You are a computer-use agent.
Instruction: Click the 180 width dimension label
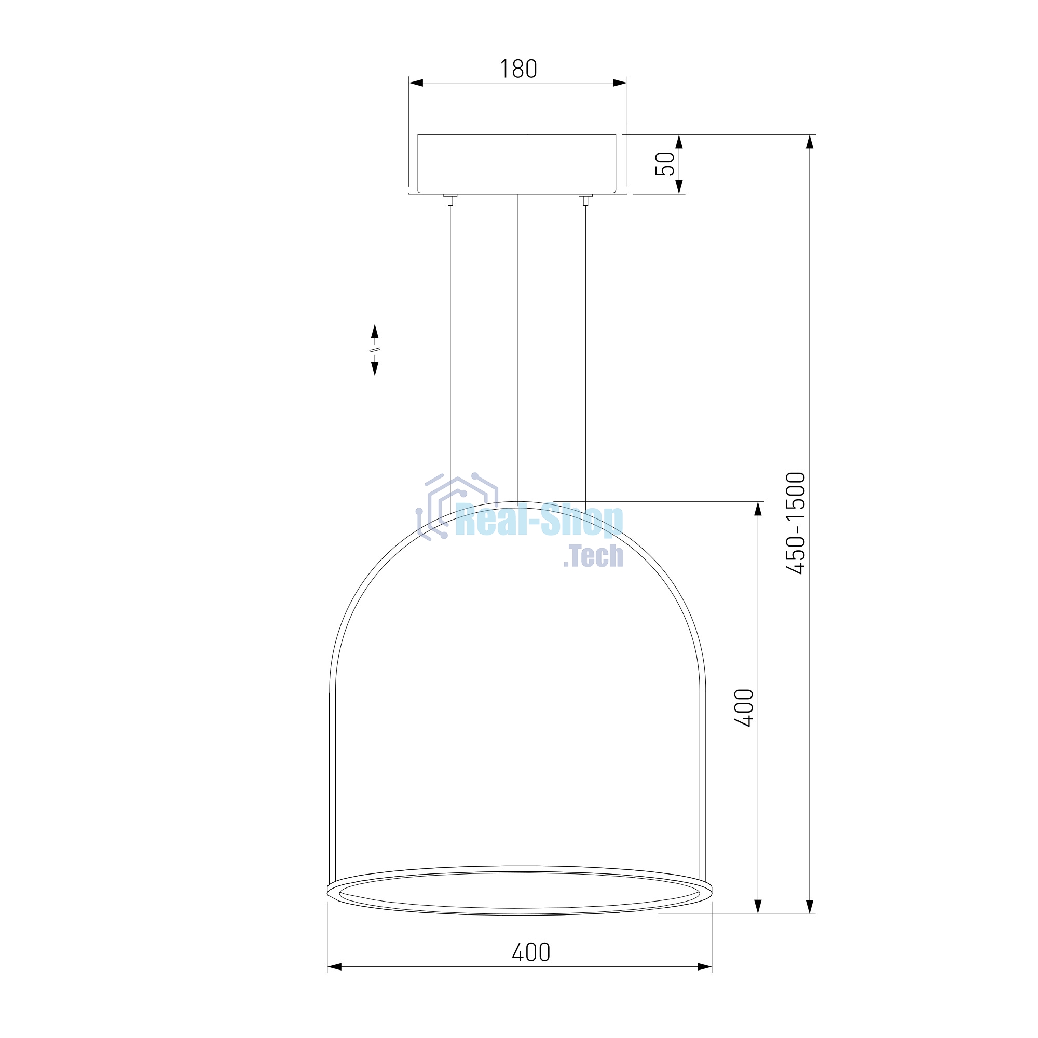point(518,69)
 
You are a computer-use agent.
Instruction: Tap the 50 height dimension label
point(665,164)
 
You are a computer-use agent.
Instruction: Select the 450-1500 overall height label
point(796,523)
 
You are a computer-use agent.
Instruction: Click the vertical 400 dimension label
point(744,708)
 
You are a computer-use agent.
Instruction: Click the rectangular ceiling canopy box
point(517,163)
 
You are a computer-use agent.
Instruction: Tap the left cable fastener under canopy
point(450,199)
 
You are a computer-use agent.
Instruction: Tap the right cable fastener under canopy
point(585,199)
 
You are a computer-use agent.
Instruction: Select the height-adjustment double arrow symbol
point(375,350)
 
